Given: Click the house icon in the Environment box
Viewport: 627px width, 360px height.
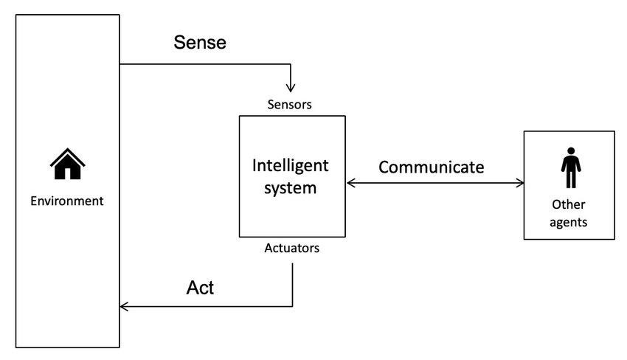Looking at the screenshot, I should point(67,165).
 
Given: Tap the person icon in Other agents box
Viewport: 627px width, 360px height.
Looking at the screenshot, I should point(569,168).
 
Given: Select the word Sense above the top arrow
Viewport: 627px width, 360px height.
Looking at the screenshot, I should point(199,42).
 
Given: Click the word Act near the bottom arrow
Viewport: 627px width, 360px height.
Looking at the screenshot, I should point(200,288).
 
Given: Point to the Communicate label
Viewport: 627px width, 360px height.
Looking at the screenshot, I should point(431,167).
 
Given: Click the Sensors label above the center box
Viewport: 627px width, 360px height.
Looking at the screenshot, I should point(289,104).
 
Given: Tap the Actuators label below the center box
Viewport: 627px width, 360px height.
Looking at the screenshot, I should point(292,248).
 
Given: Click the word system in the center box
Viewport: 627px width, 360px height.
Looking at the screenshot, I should point(291,187).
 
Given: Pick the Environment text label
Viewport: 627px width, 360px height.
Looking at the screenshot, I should point(66,201).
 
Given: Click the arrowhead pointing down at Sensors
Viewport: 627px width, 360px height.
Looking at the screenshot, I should point(292,89).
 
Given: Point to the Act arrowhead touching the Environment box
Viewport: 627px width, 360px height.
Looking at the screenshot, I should point(124,305).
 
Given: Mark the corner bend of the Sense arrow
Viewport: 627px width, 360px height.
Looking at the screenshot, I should point(292,64).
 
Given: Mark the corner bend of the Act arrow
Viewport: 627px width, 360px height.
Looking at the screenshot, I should point(292,305).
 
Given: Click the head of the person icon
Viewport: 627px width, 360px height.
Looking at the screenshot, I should point(569,150).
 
